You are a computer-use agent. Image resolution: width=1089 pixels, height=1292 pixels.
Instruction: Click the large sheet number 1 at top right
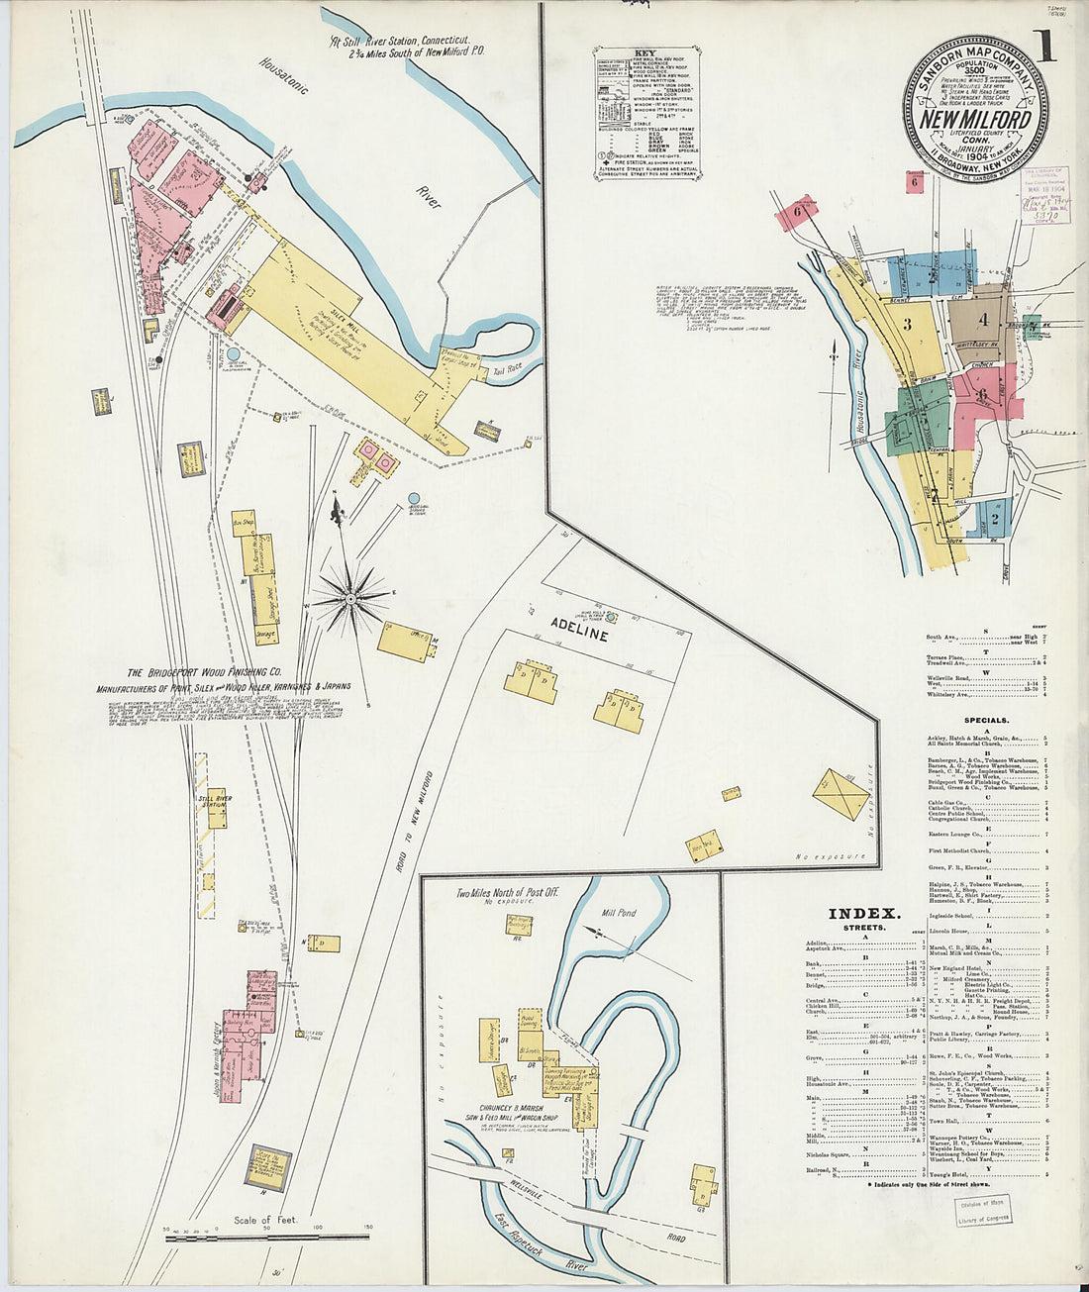pyautogui.click(x=1043, y=46)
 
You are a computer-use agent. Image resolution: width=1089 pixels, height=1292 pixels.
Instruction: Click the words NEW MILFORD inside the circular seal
pyautogui.click(x=978, y=118)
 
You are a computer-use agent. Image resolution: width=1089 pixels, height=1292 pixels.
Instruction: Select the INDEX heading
pyautogui.click(x=864, y=914)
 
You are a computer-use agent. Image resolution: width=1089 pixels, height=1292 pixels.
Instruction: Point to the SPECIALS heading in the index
pyautogui.click(x=986, y=720)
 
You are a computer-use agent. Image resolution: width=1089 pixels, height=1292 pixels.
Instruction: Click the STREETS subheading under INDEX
pyautogui.click(x=864, y=928)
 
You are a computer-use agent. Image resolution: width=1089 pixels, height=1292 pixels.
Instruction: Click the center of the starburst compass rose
pyautogui.click(x=351, y=598)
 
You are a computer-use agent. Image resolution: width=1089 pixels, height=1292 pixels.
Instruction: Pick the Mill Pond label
pyautogui.click(x=620, y=912)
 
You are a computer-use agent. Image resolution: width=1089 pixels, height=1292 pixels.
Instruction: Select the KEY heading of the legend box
pyautogui.click(x=646, y=55)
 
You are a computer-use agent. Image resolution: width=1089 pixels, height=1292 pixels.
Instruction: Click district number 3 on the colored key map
pyautogui.click(x=905, y=324)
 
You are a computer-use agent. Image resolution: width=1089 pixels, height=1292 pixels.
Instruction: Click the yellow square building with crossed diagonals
pyautogui.click(x=841, y=794)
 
